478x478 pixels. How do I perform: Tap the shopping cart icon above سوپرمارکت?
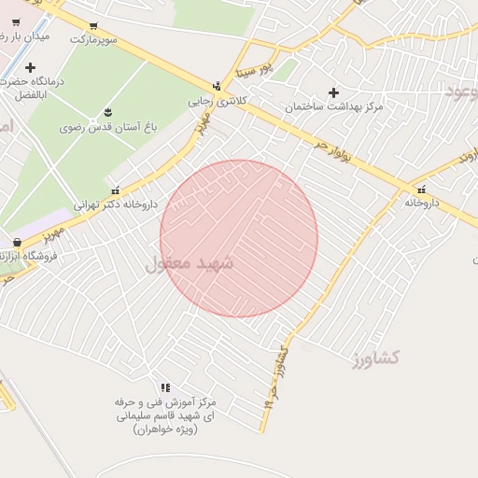[x=93, y=26]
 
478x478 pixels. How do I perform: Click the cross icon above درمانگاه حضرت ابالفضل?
[x=31, y=67]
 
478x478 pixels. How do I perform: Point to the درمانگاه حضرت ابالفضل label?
[x=37, y=89]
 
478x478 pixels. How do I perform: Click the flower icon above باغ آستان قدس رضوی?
[x=108, y=112]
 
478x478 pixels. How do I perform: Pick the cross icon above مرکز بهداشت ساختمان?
[x=333, y=92]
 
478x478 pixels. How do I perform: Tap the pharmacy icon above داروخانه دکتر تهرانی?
[x=116, y=188]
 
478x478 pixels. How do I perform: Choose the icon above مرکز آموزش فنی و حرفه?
[x=165, y=387]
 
